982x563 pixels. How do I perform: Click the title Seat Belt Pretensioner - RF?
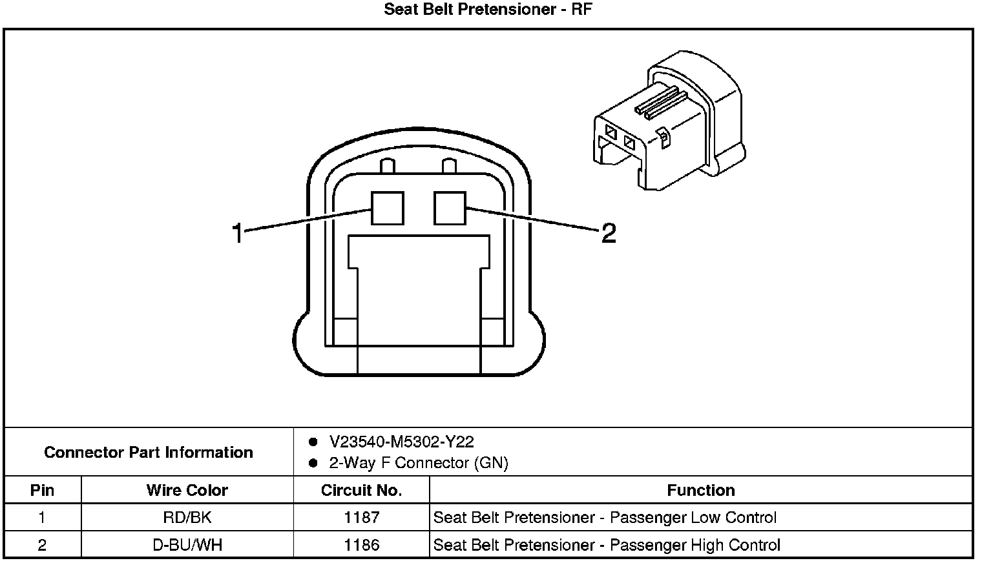click(488, 10)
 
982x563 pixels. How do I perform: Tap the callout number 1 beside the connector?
click(238, 233)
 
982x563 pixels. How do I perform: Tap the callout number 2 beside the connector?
click(609, 233)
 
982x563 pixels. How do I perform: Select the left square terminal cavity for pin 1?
click(387, 208)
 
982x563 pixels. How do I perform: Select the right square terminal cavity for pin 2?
click(450, 208)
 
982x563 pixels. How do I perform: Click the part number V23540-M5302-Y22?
click(401, 442)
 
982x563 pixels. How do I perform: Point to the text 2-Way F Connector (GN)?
click(419, 463)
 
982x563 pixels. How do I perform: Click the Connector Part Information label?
click(149, 452)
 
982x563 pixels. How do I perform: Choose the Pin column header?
click(43, 490)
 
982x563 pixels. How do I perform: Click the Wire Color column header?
click(187, 490)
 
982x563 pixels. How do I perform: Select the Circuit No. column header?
click(361, 490)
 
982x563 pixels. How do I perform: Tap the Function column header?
click(701, 490)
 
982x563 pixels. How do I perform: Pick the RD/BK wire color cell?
click(187, 517)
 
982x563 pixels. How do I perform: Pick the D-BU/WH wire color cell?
click(187, 545)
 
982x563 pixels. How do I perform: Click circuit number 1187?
click(361, 517)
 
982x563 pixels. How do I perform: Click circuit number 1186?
click(361, 545)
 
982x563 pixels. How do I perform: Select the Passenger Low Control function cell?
click(605, 517)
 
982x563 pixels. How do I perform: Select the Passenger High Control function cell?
click(607, 545)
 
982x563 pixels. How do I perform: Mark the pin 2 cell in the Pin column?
click(43, 545)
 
